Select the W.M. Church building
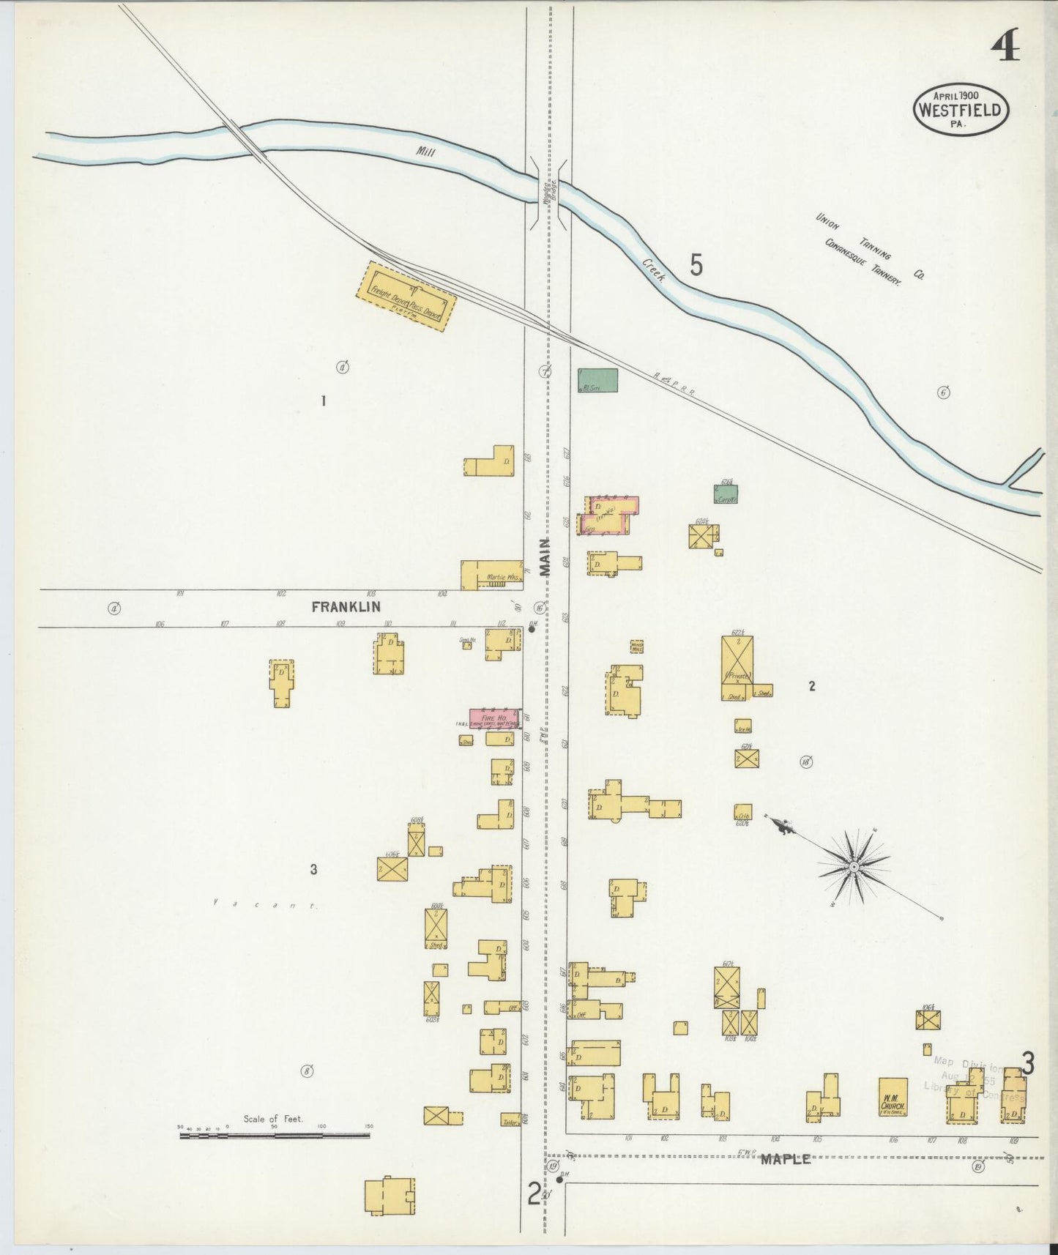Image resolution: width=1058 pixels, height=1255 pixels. click(893, 1097)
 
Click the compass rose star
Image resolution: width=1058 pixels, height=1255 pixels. click(853, 867)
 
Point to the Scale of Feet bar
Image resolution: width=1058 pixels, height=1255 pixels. click(275, 1136)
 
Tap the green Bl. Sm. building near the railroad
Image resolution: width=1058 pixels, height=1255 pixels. click(597, 380)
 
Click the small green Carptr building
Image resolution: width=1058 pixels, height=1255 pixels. click(726, 494)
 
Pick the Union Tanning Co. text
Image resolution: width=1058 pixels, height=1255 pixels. click(870, 247)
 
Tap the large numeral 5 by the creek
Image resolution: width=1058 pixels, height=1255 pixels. click(696, 265)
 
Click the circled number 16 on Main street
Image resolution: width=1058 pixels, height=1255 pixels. click(540, 607)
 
